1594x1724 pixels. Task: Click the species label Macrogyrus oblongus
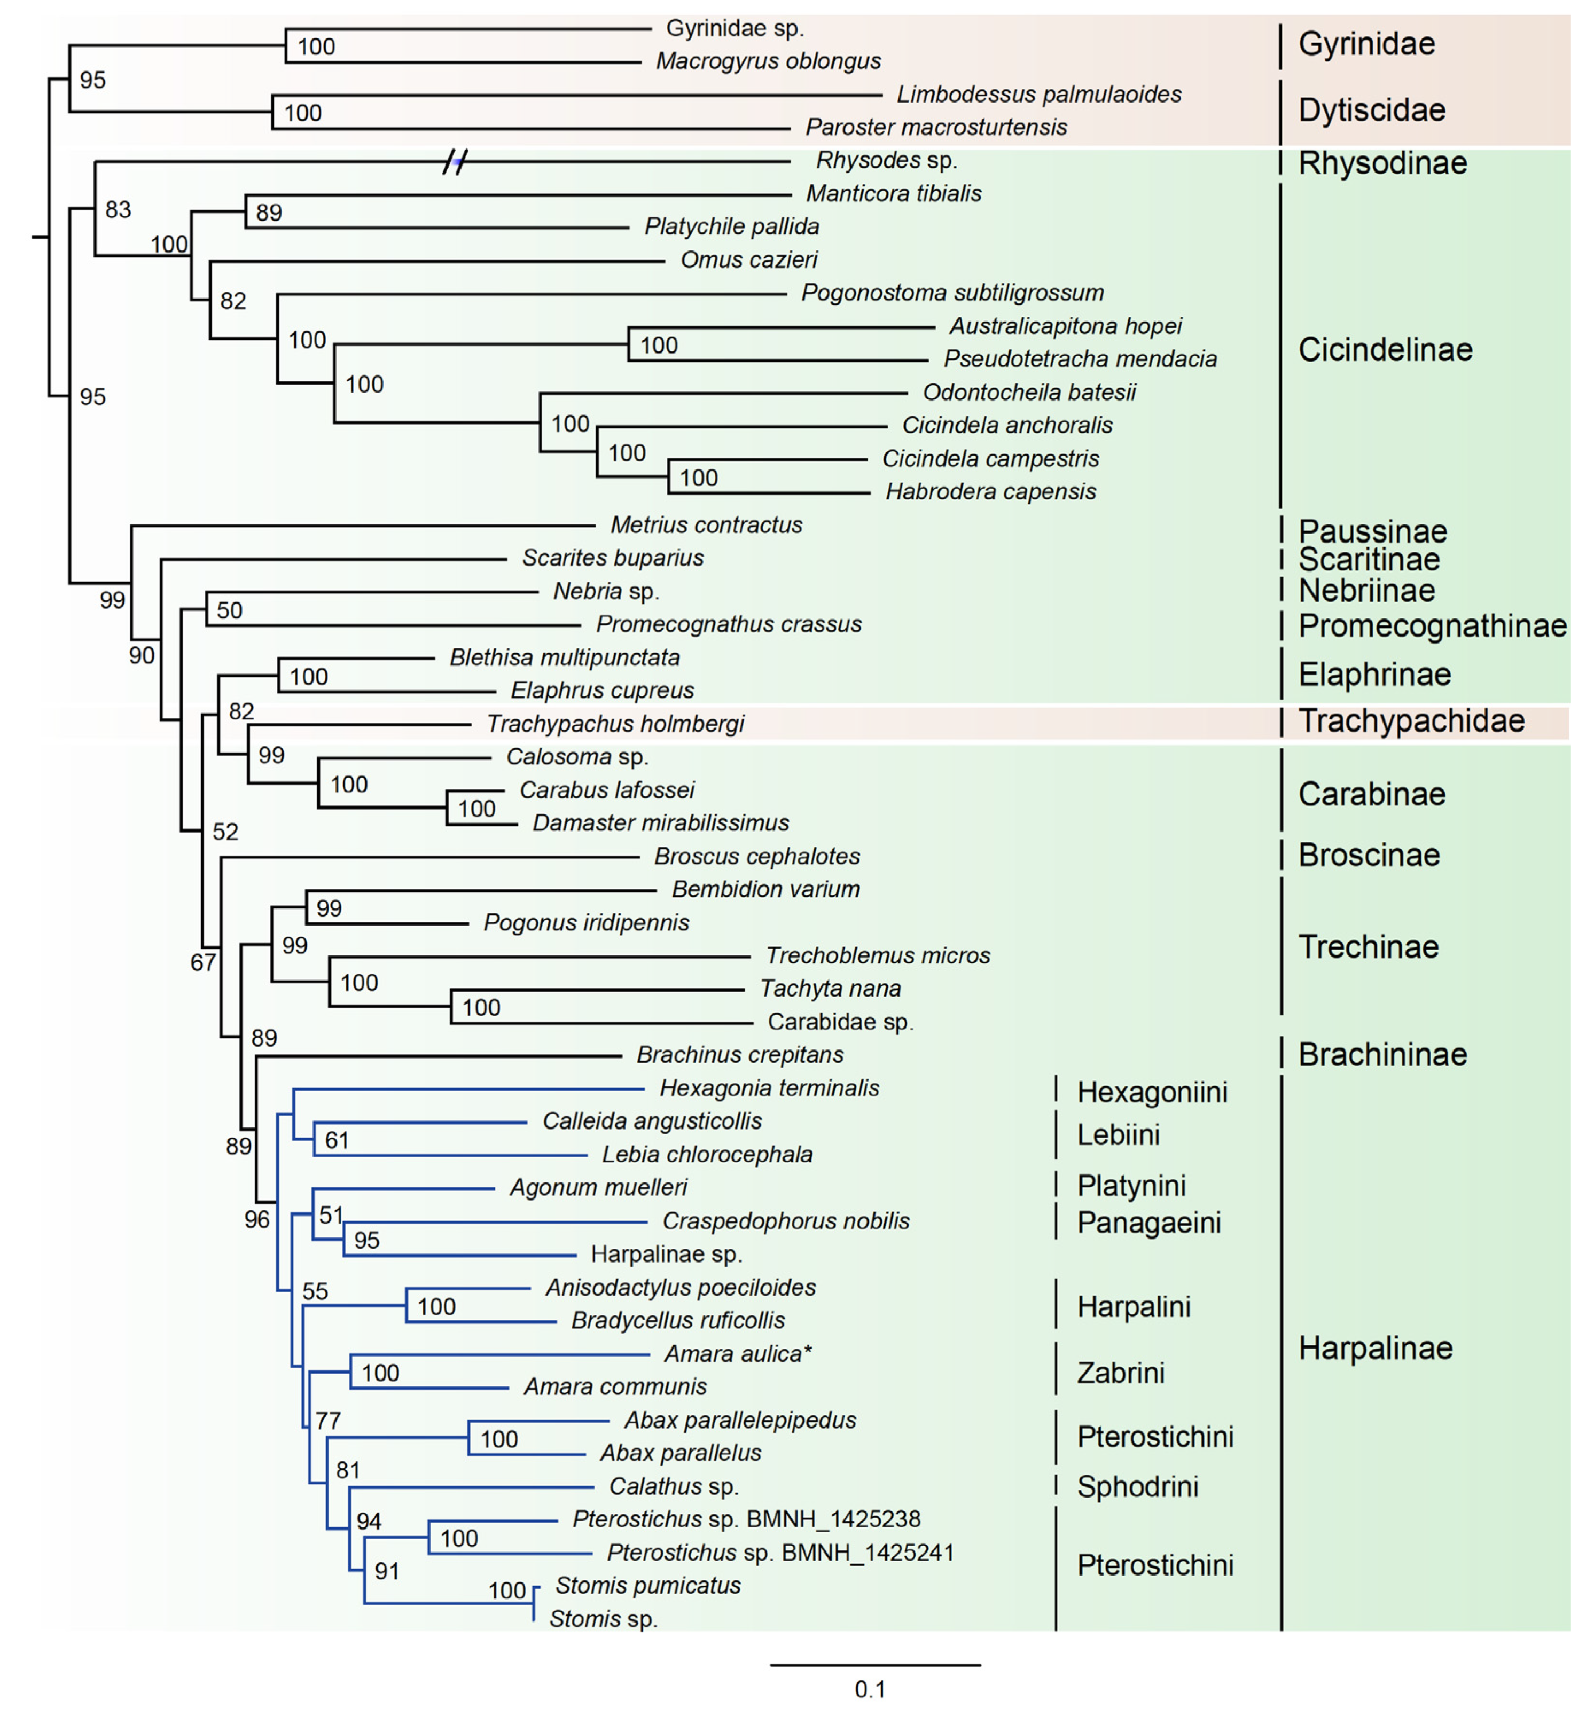tap(768, 61)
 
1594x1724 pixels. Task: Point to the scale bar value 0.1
tap(870, 1689)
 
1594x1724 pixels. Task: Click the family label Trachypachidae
tap(1411, 721)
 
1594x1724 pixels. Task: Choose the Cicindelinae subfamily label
tap(1385, 350)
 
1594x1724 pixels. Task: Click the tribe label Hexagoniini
tap(1152, 1092)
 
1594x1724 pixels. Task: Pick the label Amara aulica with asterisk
tap(738, 1353)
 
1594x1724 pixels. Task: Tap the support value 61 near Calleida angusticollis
tap(337, 1140)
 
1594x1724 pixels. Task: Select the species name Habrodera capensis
tap(990, 491)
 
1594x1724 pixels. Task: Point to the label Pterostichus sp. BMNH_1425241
tap(780, 1553)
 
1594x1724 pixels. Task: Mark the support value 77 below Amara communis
tap(328, 1421)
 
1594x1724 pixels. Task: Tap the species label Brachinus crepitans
tap(739, 1055)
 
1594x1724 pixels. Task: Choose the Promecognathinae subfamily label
tap(1432, 626)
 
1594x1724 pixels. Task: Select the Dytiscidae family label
tap(1371, 111)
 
